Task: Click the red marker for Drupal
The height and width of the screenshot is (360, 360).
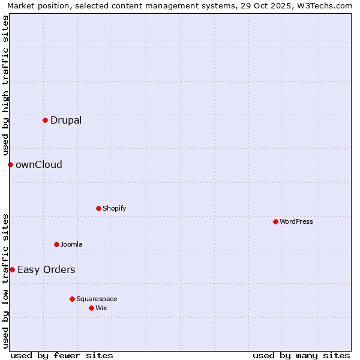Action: [45, 120]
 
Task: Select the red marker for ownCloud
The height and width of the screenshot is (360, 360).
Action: [10, 164]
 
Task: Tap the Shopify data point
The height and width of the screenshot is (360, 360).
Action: [98, 208]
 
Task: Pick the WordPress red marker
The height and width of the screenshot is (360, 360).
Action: [275, 221]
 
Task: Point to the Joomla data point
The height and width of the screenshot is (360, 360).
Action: [56, 244]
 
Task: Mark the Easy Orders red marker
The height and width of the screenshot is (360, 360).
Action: [12, 269]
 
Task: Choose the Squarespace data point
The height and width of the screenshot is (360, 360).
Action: [72, 299]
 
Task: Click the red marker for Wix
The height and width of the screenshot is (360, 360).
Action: [91, 308]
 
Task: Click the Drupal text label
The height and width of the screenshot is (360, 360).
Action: [66, 120]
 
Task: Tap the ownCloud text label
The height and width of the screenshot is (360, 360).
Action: [39, 164]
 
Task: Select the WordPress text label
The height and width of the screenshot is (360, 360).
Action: [296, 221]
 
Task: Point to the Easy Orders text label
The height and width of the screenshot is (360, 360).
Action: [46, 269]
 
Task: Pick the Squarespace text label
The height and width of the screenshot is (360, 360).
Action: [97, 299]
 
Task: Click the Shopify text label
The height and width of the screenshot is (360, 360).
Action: [114, 208]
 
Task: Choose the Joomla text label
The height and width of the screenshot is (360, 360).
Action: [71, 244]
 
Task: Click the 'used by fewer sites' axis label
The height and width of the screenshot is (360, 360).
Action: [62, 355]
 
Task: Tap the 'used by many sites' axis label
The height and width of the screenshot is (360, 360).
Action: [301, 355]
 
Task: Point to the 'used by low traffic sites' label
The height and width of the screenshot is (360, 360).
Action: [5, 280]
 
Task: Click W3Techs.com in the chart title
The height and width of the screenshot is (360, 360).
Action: [322, 6]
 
